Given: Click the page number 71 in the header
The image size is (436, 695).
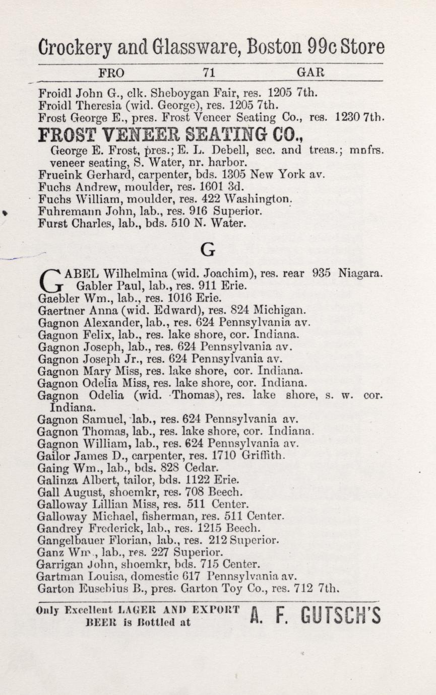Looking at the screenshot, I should [209, 73].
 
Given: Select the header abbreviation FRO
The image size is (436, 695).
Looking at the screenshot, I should [111, 73].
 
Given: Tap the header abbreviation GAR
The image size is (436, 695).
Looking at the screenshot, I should [310, 73].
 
